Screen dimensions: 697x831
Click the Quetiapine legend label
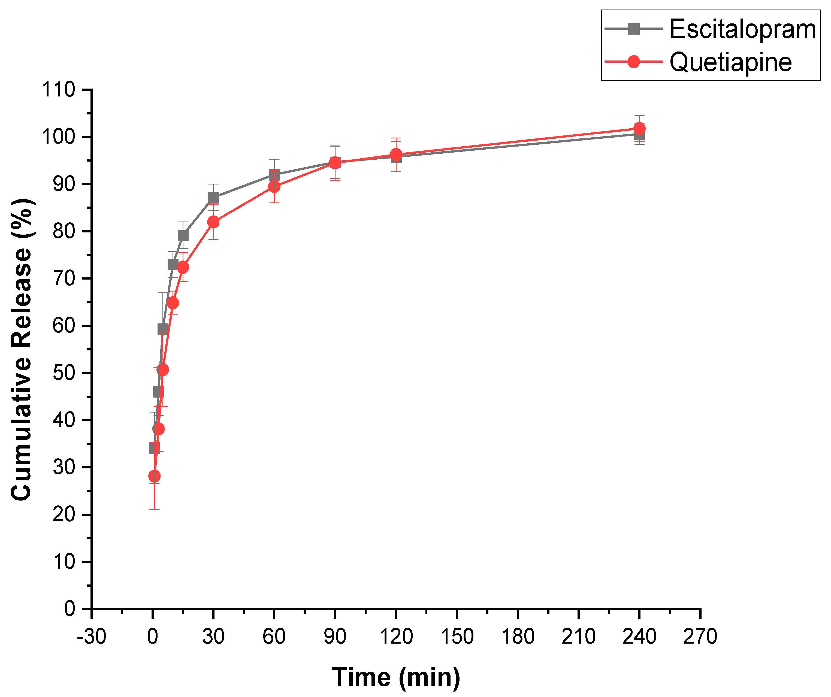coord(730,62)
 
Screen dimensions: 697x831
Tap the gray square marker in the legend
coord(633,29)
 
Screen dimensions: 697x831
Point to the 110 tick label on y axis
coord(59,90)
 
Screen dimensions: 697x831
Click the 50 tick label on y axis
coord(64,373)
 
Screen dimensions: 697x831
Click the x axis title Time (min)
coord(396,677)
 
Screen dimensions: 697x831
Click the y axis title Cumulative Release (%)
coord(22,350)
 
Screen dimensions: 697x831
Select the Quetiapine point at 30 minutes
coord(213,222)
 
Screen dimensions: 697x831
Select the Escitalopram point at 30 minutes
coord(213,198)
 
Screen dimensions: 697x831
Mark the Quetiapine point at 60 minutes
coord(274,186)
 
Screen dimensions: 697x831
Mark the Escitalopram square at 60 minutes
coord(274,175)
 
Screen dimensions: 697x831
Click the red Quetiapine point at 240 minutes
coord(639,129)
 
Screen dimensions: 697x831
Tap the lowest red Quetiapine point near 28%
coord(154,476)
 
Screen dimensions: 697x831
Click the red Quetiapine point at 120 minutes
coord(396,154)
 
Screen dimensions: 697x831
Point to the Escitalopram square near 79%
coord(183,236)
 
